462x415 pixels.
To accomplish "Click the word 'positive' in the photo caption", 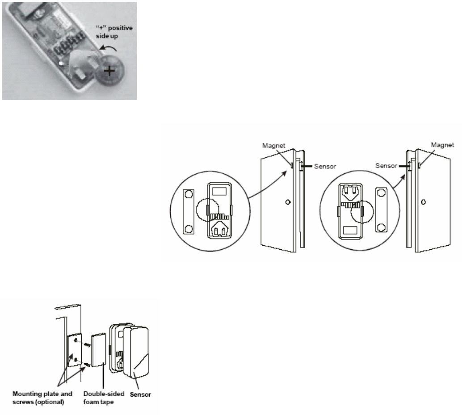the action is (x=121, y=28).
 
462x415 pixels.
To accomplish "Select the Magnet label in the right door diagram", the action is (x=444, y=145).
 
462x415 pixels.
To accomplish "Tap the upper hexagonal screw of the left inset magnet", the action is (x=189, y=195).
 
